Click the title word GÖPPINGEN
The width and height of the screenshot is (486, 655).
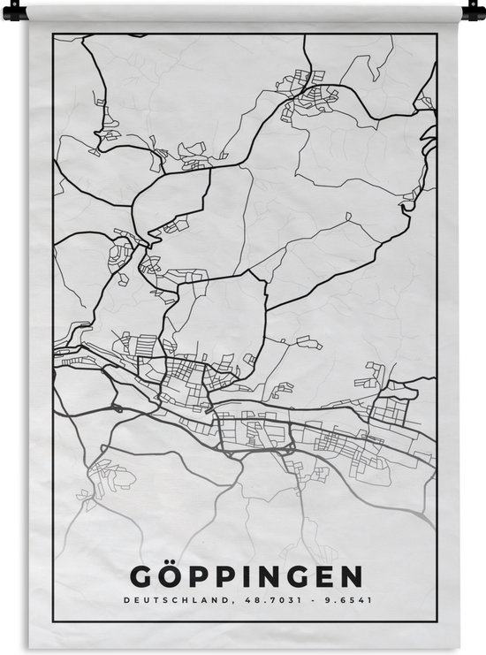(246, 577)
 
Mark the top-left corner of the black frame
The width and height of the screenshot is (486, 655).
(53, 34)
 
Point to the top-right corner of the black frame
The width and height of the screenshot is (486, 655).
(437, 34)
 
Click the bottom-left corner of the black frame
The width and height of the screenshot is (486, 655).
(53, 622)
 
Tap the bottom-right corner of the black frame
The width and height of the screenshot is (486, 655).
(437, 622)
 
